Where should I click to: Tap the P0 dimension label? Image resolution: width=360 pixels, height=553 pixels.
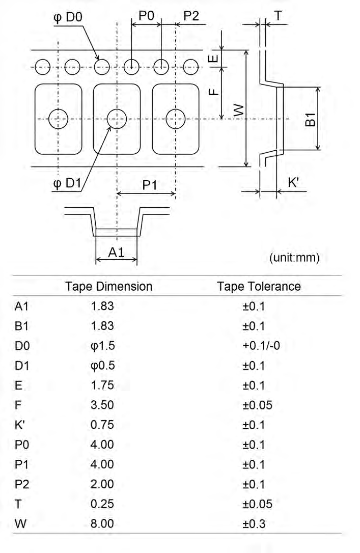pyautogui.click(x=146, y=16)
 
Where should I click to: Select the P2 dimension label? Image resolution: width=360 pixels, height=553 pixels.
pyautogui.click(x=191, y=16)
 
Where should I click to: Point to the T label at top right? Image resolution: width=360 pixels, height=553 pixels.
pyautogui.click(x=278, y=16)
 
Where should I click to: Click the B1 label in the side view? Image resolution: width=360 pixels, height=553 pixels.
pyautogui.click(x=310, y=121)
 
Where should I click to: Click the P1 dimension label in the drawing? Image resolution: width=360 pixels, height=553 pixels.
pyautogui.click(x=149, y=186)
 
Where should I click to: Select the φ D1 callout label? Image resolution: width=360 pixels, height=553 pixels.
pyautogui.click(x=67, y=183)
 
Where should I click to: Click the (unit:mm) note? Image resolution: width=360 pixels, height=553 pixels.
pyautogui.click(x=294, y=258)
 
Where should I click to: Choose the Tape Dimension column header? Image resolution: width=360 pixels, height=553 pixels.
pyautogui.click(x=108, y=287)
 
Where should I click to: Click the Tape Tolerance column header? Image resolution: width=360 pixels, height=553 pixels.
pyautogui.click(x=259, y=287)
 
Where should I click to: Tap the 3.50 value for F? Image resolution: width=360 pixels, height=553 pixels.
pyautogui.click(x=102, y=405)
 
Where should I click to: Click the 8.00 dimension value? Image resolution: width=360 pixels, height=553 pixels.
pyautogui.click(x=102, y=523)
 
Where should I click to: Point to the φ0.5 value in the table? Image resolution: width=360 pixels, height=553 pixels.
pyautogui.click(x=102, y=366)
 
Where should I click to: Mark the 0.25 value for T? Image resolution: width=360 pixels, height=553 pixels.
pyautogui.click(x=102, y=504)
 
